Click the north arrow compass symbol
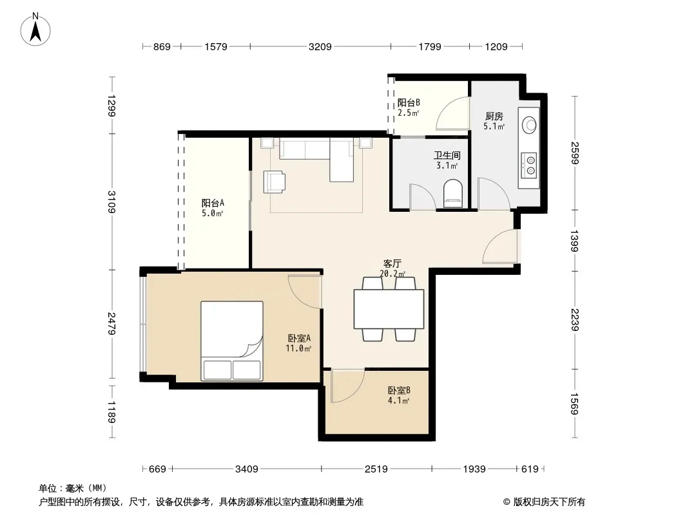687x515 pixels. point(35,30)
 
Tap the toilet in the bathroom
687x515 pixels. point(453,193)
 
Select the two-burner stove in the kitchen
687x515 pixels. point(529,165)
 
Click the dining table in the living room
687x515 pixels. point(389,309)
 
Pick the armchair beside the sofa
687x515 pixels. point(275,182)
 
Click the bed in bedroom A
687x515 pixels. point(232,341)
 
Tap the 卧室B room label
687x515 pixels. point(399,390)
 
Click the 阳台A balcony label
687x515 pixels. point(213,203)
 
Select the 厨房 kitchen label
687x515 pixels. point(494,117)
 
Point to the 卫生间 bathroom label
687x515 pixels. point(447,155)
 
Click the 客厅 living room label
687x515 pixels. point(392,264)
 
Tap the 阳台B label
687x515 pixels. point(409,103)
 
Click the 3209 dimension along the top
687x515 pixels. point(320,46)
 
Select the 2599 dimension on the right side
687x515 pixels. point(575,153)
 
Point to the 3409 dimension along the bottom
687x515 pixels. point(247,469)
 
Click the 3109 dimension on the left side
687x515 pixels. point(111,201)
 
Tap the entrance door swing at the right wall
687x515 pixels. point(500,247)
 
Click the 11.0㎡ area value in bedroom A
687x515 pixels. point(298,349)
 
